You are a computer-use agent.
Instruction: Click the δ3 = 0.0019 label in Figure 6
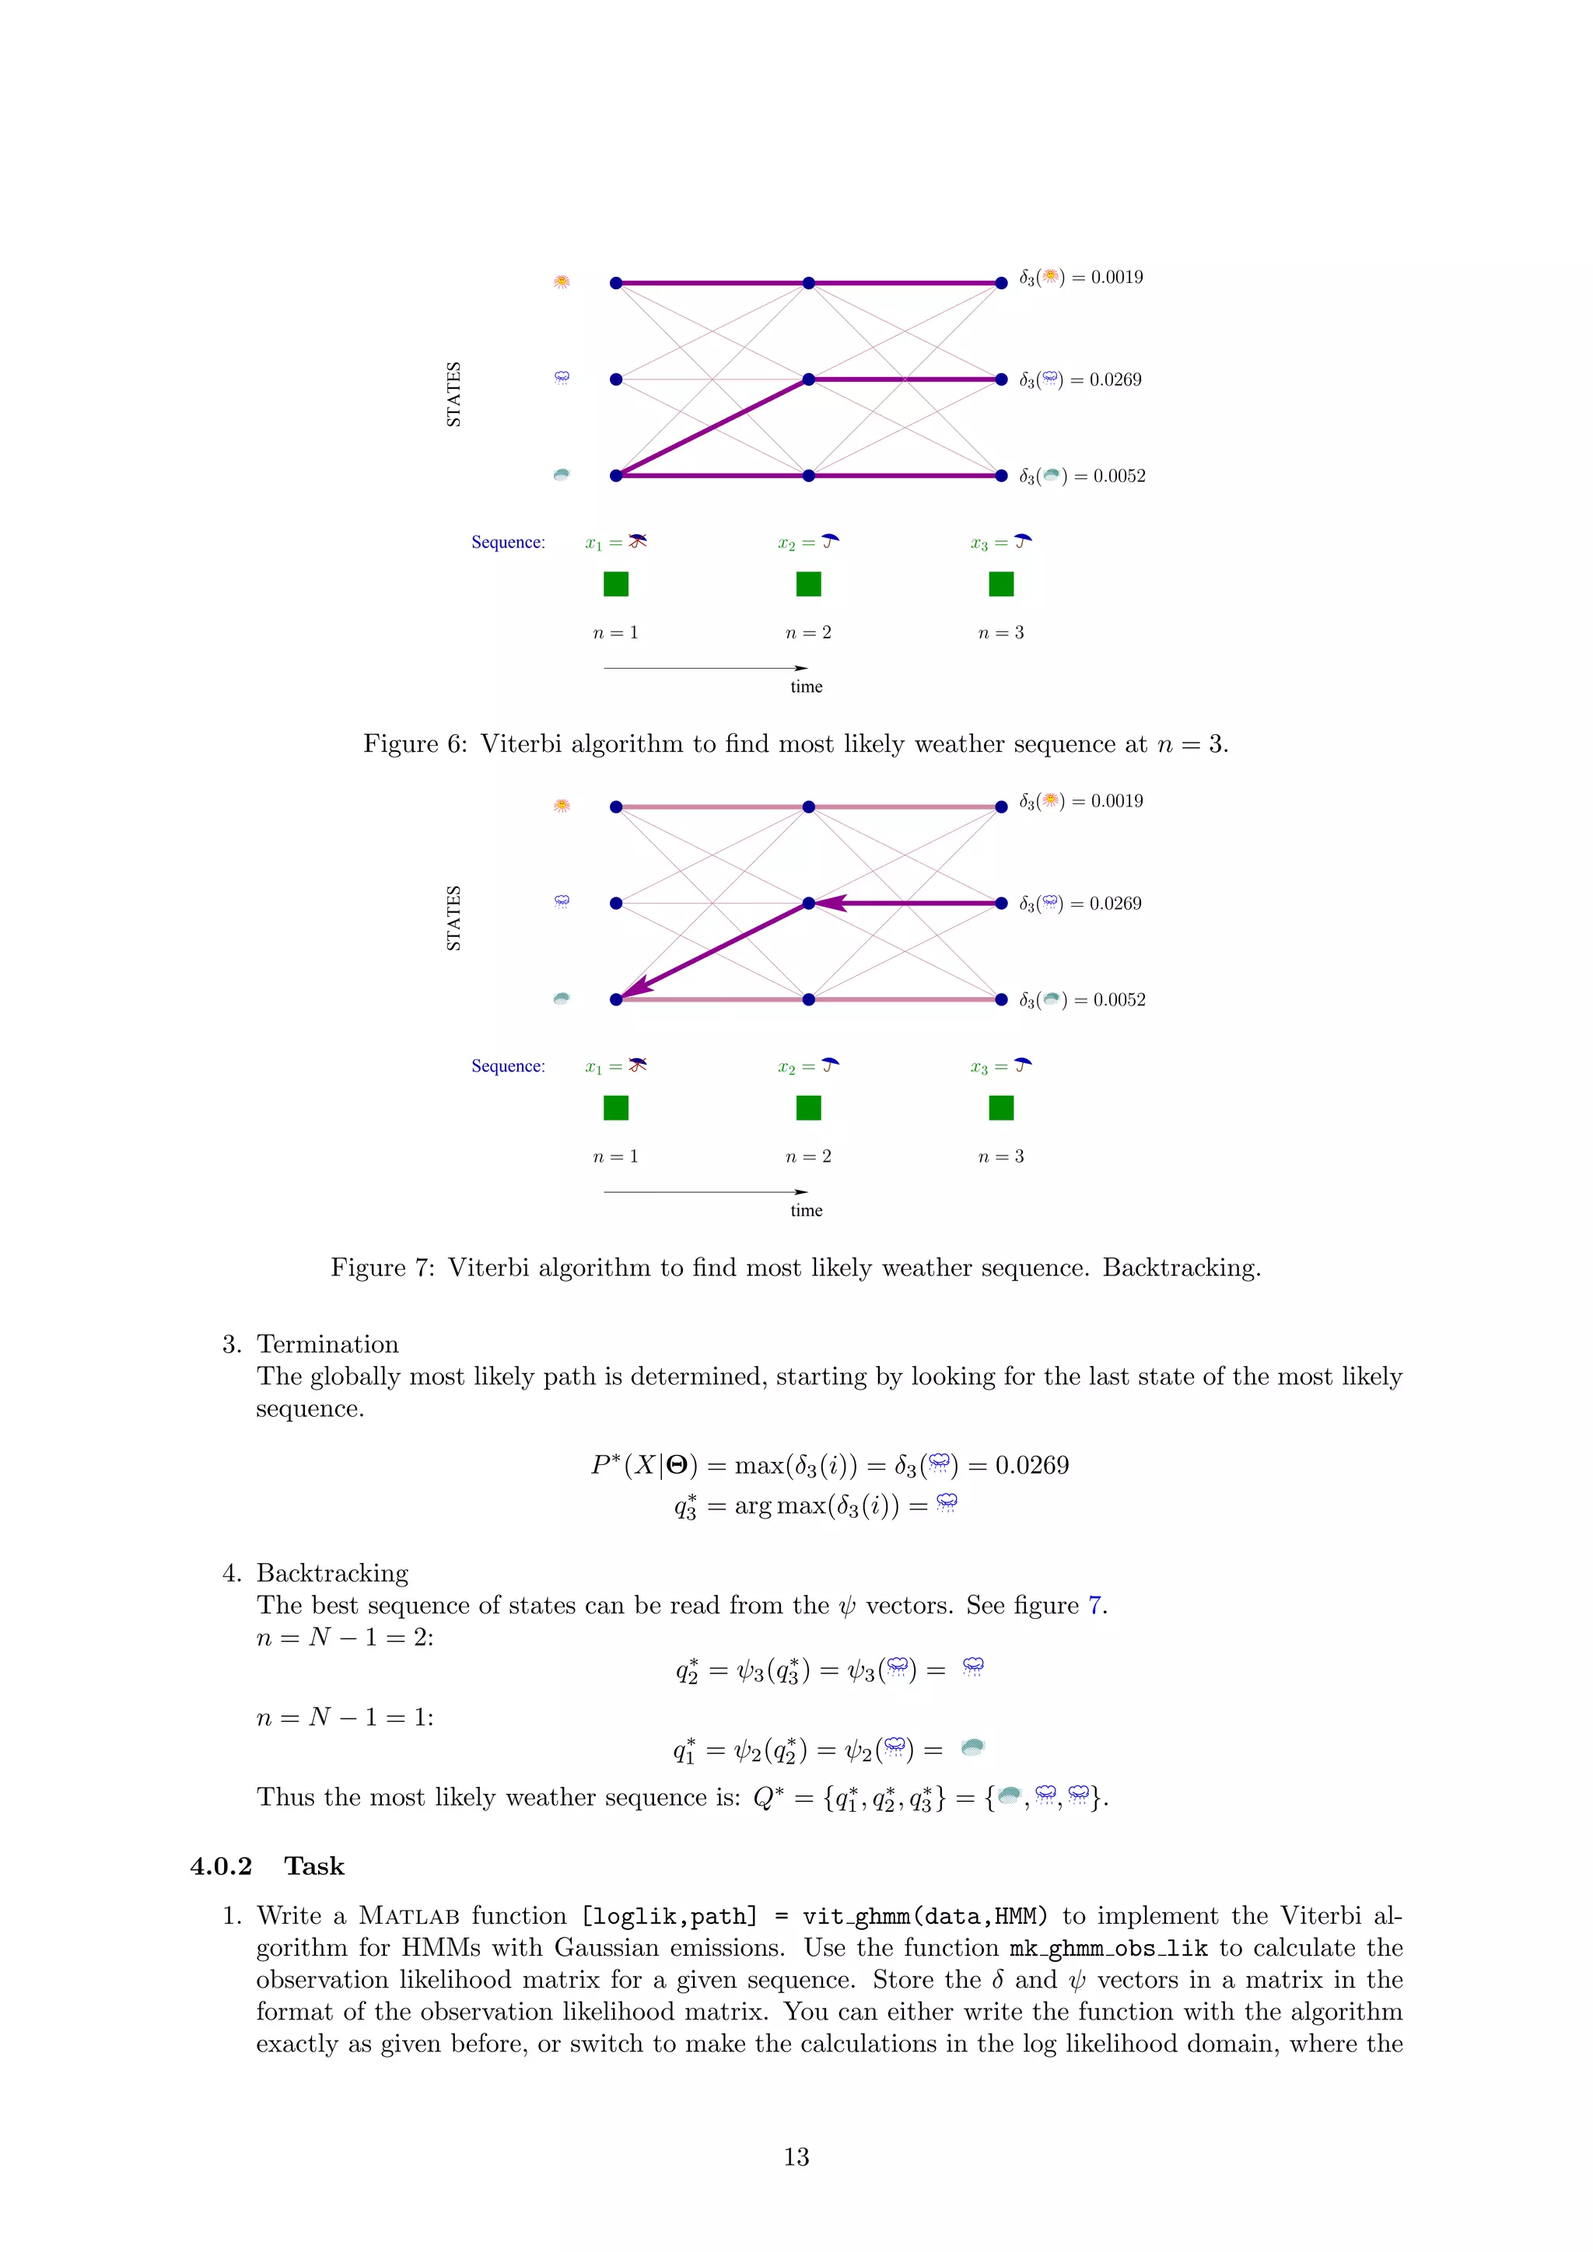tap(1081, 278)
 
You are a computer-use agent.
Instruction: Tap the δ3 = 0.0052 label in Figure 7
tap(1082, 999)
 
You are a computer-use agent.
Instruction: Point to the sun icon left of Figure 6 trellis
tap(561, 281)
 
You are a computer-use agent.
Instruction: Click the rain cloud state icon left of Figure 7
tap(561, 901)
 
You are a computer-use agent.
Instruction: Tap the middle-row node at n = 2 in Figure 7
tap(808, 902)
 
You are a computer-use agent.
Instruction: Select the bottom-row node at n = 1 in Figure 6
tap(616, 476)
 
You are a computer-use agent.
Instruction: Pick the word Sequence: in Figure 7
tap(508, 1066)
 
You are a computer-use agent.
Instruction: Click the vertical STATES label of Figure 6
tap(453, 394)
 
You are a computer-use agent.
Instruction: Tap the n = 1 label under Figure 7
tap(615, 1156)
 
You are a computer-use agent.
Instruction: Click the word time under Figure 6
tap(807, 687)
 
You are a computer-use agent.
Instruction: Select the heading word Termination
tap(327, 1344)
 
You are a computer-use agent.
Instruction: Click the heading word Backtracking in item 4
tap(333, 1572)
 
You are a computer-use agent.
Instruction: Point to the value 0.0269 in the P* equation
tap(1032, 1465)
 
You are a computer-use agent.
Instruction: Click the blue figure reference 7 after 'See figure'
tap(1096, 1605)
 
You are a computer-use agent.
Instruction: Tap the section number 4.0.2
tap(221, 1866)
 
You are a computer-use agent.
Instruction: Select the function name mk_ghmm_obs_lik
tap(1108, 1948)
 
